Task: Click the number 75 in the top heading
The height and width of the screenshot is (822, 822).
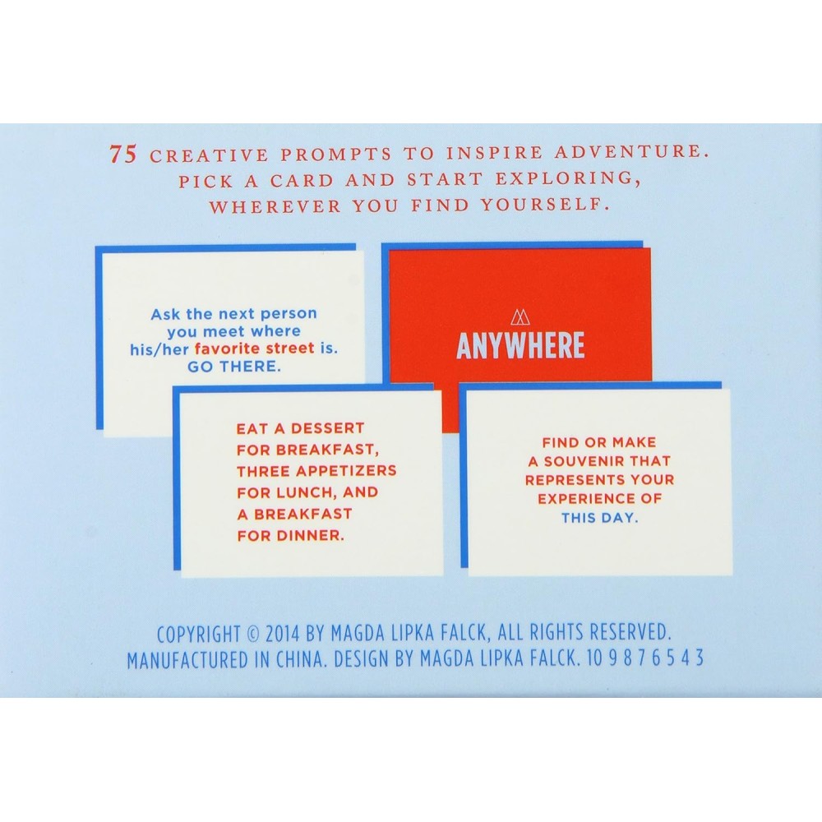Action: click(123, 155)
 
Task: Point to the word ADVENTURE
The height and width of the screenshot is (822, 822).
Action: click(631, 151)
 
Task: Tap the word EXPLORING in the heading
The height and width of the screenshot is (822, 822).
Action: click(568, 178)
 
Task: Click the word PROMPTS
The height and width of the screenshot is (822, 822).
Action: click(336, 155)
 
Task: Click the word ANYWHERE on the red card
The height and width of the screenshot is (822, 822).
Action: click(520, 345)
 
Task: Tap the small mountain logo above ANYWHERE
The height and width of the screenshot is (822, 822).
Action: click(520, 317)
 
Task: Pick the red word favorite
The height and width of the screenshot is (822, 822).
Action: click(225, 349)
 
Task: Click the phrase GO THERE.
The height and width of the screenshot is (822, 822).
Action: click(233, 367)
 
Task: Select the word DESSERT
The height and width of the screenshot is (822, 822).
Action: click(327, 428)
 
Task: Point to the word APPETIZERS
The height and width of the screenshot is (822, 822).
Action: click(346, 471)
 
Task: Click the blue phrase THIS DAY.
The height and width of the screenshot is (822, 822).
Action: click(600, 518)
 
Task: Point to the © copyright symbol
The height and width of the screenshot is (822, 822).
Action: click(252, 635)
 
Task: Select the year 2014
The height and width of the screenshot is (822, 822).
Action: click(283, 634)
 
